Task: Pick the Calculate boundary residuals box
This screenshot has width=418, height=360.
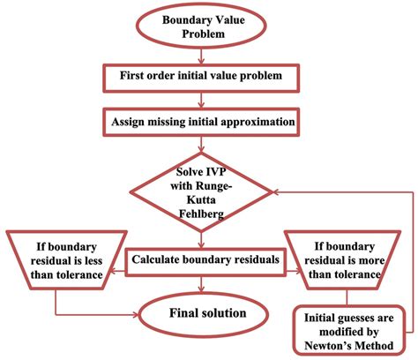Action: (202, 259)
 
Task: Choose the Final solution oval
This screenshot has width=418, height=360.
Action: (203, 311)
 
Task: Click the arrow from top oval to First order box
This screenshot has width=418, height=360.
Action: (204, 56)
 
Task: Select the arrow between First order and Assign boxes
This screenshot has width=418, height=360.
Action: (204, 98)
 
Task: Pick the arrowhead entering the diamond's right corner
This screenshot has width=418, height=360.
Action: (277, 191)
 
